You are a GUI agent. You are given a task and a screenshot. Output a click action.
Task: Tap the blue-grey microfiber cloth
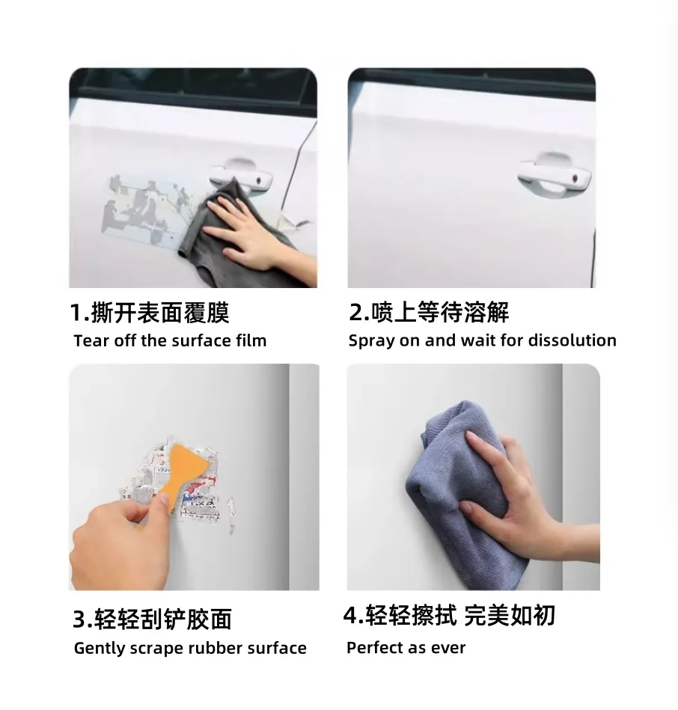pos(466,494)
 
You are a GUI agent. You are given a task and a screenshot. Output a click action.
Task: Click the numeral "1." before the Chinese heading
pos(80,313)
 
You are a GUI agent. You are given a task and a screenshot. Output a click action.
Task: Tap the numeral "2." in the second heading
pos(359,313)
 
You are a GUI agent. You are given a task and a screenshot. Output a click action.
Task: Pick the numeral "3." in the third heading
pos(82,619)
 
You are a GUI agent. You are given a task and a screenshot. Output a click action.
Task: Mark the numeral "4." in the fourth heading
pos(353,615)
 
